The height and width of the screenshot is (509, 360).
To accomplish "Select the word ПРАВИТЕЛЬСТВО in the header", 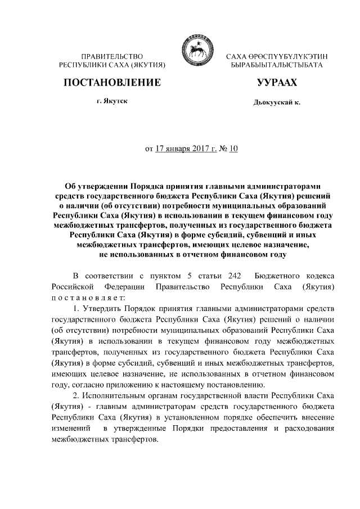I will coord(111,57).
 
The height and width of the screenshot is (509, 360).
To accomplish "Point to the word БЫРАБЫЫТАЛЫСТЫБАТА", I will coord(277,66).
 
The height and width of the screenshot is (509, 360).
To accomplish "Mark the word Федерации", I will coord(123,287).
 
